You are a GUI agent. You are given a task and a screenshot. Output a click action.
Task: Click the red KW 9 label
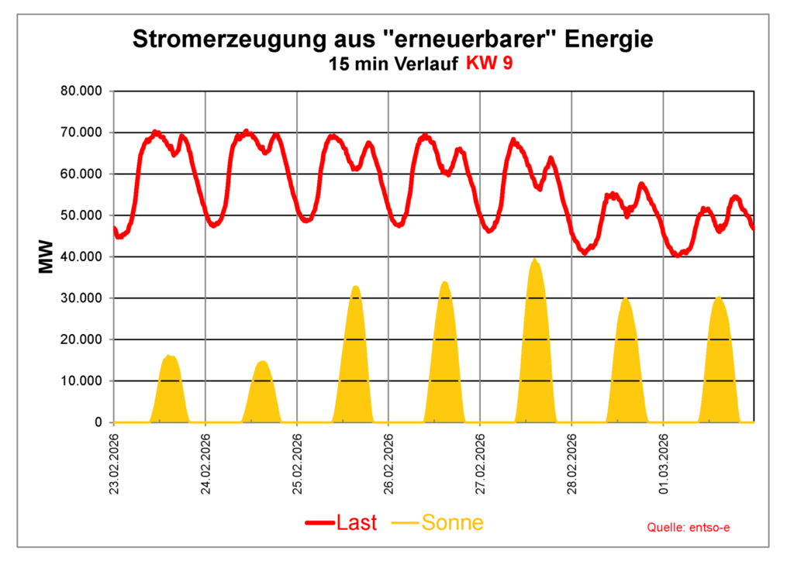[x=489, y=64]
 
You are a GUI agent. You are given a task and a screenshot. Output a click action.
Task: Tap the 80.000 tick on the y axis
[x=81, y=91]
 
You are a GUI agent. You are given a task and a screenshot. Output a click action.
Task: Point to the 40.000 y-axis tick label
[x=81, y=257]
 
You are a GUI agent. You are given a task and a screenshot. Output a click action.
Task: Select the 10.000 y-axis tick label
[x=81, y=381]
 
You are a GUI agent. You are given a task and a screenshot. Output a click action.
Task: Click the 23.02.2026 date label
[x=114, y=463]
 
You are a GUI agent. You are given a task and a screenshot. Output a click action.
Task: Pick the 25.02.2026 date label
[x=297, y=463]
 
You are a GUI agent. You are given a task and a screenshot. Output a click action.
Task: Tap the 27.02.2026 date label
[x=480, y=463]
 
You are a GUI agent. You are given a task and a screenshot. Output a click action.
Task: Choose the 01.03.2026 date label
[x=664, y=463]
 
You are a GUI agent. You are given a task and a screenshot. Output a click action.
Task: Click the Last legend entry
[x=341, y=523]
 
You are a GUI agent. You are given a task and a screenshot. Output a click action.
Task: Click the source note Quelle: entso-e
[x=689, y=528]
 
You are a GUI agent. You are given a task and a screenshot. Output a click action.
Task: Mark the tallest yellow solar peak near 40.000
[x=534, y=261]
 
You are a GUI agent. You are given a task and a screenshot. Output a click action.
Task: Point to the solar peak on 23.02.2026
[x=169, y=357]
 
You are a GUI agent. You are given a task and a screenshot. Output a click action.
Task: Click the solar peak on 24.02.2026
[x=262, y=362]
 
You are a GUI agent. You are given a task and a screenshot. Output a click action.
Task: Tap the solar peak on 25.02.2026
[x=355, y=287]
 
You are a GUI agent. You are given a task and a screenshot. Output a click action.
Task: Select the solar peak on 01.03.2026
[x=719, y=298]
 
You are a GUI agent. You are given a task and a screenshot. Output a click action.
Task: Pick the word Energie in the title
[x=611, y=39]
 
